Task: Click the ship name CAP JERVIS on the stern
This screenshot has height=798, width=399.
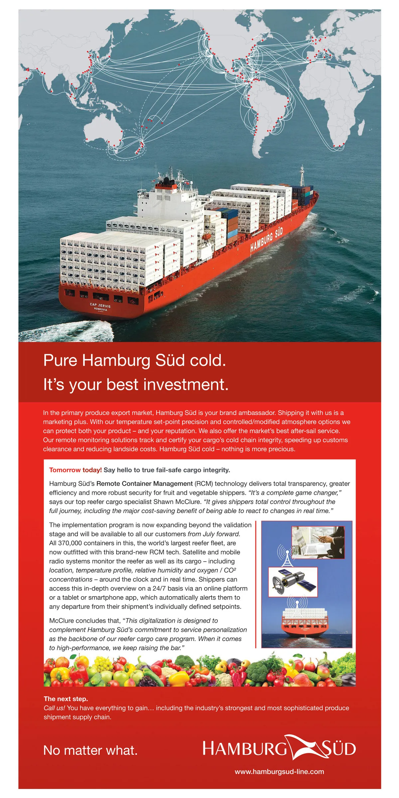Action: (100, 305)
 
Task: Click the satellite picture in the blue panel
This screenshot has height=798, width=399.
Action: (293, 582)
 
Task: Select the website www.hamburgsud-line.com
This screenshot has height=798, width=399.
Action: (279, 772)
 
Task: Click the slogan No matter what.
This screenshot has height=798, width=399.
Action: (90, 750)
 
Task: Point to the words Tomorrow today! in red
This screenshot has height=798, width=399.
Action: (75, 470)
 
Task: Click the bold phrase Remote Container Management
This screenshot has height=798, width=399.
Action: (145, 483)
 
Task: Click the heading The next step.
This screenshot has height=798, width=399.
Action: (66, 699)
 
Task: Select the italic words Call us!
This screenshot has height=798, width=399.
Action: (55, 708)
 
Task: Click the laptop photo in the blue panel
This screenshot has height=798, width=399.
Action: (318, 542)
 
